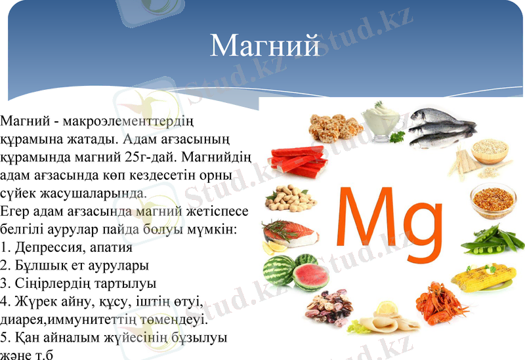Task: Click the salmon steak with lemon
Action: point(289,234)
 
